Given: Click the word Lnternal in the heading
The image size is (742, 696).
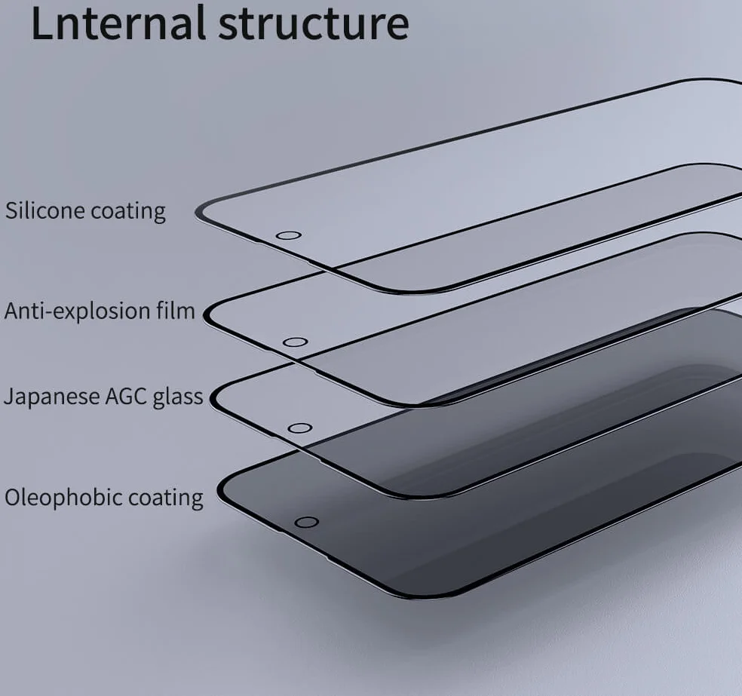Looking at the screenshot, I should pos(118,23).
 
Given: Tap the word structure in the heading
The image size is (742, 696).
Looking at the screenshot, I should pos(314,23).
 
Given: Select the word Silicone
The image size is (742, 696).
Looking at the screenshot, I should pos(44,210).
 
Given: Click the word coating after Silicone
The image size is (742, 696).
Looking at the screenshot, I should pos(128,211).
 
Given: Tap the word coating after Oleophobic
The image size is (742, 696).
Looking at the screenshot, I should pos(166,498).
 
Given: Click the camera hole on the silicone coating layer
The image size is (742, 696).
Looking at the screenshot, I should pos(288,235).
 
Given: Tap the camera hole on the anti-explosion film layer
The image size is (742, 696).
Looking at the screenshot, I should pos(295,342).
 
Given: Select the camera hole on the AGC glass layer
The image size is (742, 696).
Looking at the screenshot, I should pos(299,428).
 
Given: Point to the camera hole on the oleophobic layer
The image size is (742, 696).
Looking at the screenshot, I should pos(306,523).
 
